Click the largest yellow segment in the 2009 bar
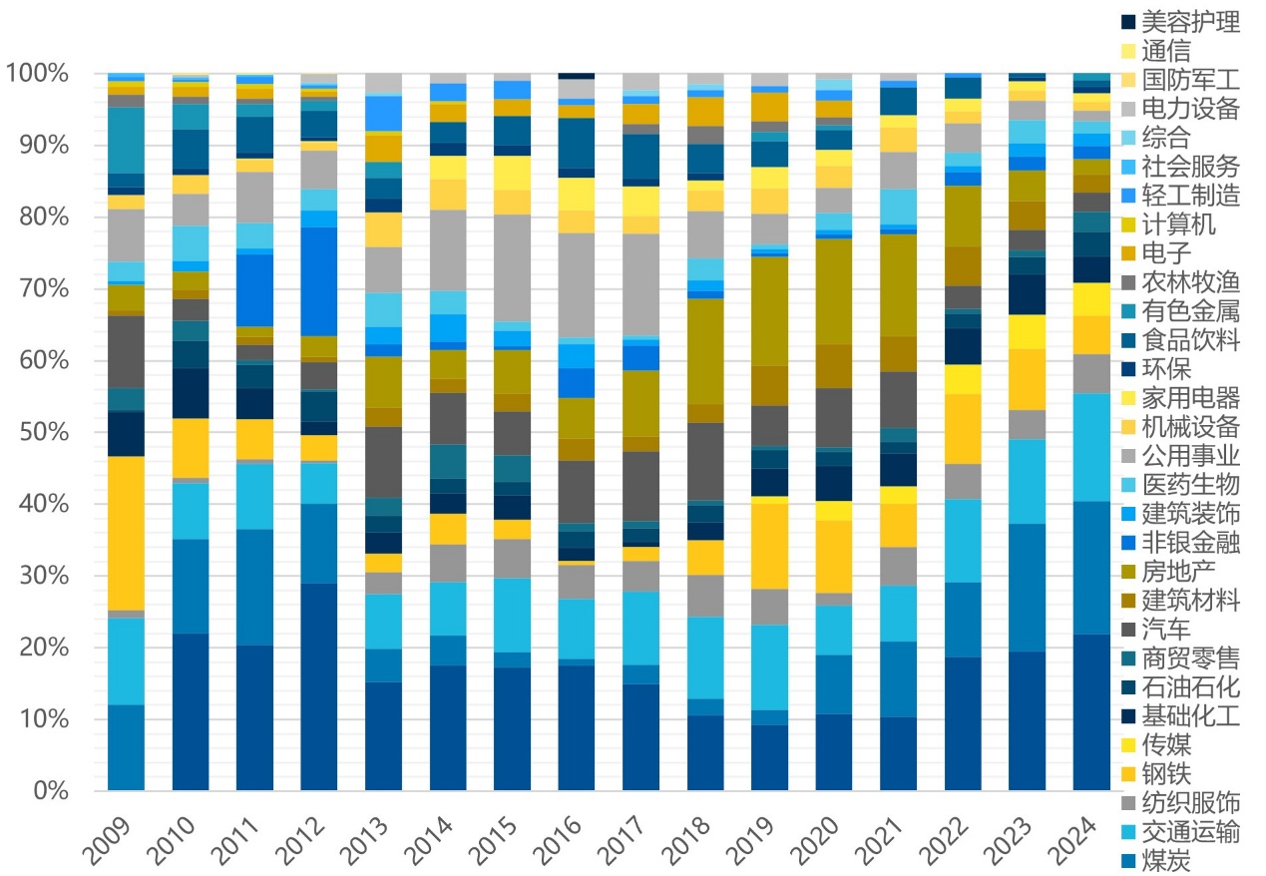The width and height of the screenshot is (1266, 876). pyautogui.click(x=126, y=533)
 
